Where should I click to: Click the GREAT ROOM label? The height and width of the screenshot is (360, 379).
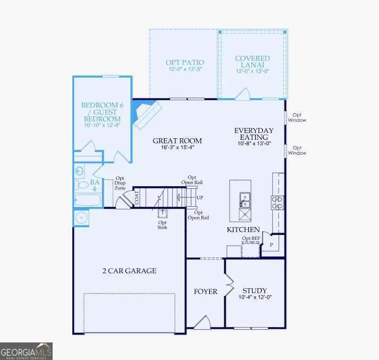[x=177, y=141]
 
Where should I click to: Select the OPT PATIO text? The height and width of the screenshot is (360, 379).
[x=184, y=62]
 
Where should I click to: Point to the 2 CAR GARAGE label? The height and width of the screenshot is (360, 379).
[x=129, y=271]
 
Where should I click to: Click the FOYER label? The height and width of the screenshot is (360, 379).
[x=205, y=291]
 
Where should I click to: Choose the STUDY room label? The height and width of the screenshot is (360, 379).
[x=254, y=290]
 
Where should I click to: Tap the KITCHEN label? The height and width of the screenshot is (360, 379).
[x=243, y=230]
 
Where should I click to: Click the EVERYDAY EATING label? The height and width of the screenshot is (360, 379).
[x=254, y=134]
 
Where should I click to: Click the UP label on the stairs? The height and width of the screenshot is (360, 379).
[x=200, y=197]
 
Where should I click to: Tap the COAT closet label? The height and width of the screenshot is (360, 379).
[x=137, y=198]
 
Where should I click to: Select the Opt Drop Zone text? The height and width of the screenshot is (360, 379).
[x=120, y=183]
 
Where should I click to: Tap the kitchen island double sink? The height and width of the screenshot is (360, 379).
[x=245, y=199]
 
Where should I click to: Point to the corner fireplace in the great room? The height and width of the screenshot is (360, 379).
[x=146, y=114]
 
